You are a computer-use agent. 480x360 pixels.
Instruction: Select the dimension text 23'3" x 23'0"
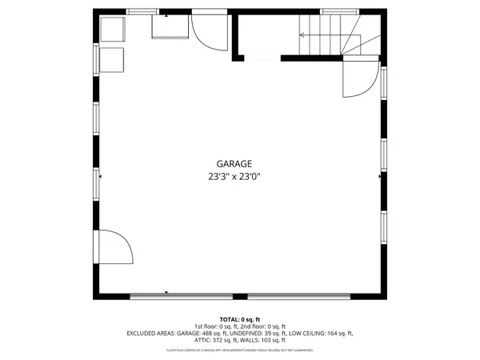click(234, 177)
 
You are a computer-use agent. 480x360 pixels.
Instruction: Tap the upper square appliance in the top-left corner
click(113, 31)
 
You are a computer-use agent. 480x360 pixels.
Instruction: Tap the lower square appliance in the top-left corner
click(113, 59)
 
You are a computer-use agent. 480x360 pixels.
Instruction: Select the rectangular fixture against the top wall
click(170, 28)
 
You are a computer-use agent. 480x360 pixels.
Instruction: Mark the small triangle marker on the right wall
click(379, 175)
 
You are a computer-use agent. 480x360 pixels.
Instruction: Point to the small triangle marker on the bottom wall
click(166, 293)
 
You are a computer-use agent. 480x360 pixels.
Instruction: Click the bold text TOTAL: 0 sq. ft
click(239, 319)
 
